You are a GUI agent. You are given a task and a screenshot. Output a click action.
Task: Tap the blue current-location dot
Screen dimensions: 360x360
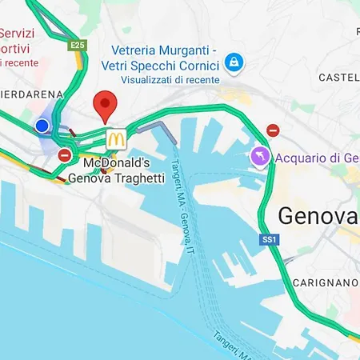[x=42, y=126]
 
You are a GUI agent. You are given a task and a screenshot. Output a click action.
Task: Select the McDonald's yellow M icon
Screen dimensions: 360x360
[x=116, y=138]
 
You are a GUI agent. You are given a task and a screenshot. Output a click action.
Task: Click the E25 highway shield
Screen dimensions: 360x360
[x=78, y=46]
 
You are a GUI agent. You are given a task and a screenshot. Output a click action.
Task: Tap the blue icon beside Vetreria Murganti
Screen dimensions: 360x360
[x=234, y=61]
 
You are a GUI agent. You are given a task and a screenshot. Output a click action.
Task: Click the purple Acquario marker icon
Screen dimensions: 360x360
[x=260, y=157]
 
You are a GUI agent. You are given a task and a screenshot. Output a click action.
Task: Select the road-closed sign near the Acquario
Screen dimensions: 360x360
[x=273, y=130]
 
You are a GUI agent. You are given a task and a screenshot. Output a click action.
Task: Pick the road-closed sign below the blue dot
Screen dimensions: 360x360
[x=65, y=154]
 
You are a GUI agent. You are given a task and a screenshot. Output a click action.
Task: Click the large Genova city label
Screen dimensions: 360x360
[x=317, y=216]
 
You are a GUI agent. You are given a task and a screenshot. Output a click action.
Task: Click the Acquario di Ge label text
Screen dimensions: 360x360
[x=317, y=158]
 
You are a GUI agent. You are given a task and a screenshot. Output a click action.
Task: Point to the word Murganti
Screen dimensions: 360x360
[x=188, y=49]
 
